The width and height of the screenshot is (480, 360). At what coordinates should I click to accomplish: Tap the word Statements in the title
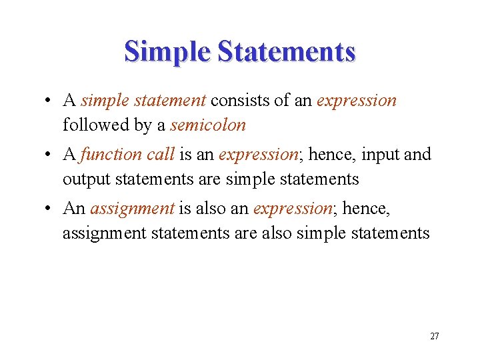tap(288, 51)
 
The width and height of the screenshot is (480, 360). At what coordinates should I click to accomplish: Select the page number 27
tap(435, 336)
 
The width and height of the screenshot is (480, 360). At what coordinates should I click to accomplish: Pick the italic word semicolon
tap(208, 125)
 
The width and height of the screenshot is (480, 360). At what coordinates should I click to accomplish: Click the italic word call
tap(161, 155)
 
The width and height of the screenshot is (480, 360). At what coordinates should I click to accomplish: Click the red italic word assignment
tap(132, 209)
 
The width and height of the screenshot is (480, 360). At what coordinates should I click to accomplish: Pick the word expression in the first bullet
tap(357, 101)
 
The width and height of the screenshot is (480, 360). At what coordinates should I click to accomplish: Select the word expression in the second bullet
tap(258, 155)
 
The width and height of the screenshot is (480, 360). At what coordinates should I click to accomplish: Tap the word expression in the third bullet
tap(292, 209)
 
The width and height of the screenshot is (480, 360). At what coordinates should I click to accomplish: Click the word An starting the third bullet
tap(73, 209)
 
